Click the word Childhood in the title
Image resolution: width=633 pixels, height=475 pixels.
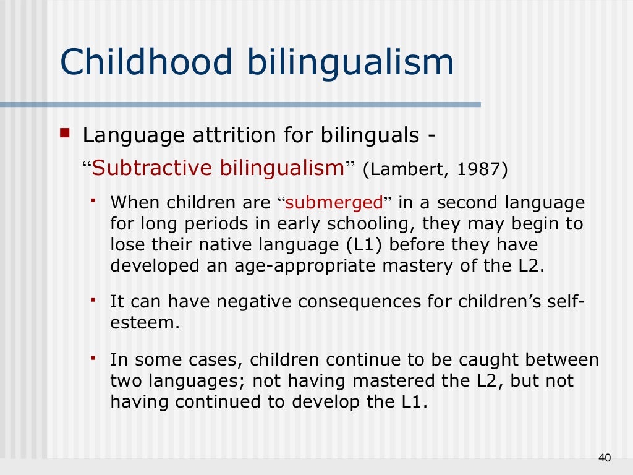point(147,63)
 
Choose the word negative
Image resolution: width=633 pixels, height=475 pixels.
point(245,302)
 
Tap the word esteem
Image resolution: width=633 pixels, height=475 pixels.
point(142,323)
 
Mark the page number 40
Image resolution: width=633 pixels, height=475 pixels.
point(605,458)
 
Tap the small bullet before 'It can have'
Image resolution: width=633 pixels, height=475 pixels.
point(93,301)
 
